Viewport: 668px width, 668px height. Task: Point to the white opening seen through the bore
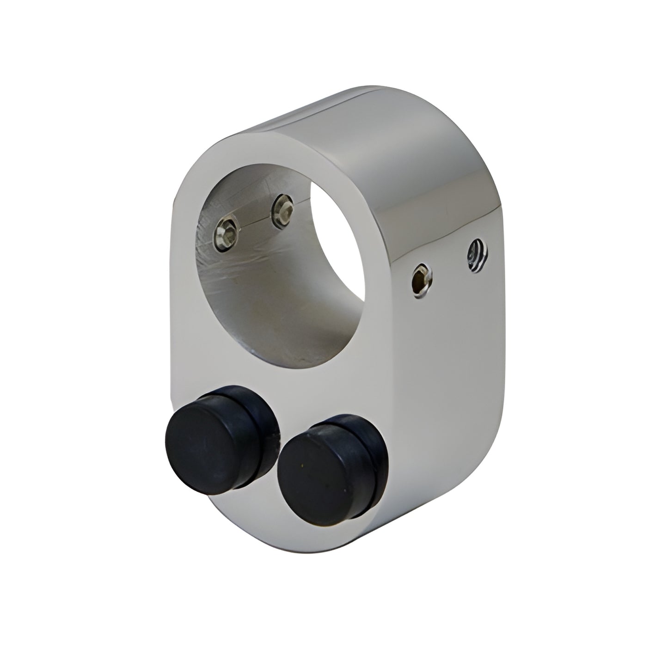point(337,236)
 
